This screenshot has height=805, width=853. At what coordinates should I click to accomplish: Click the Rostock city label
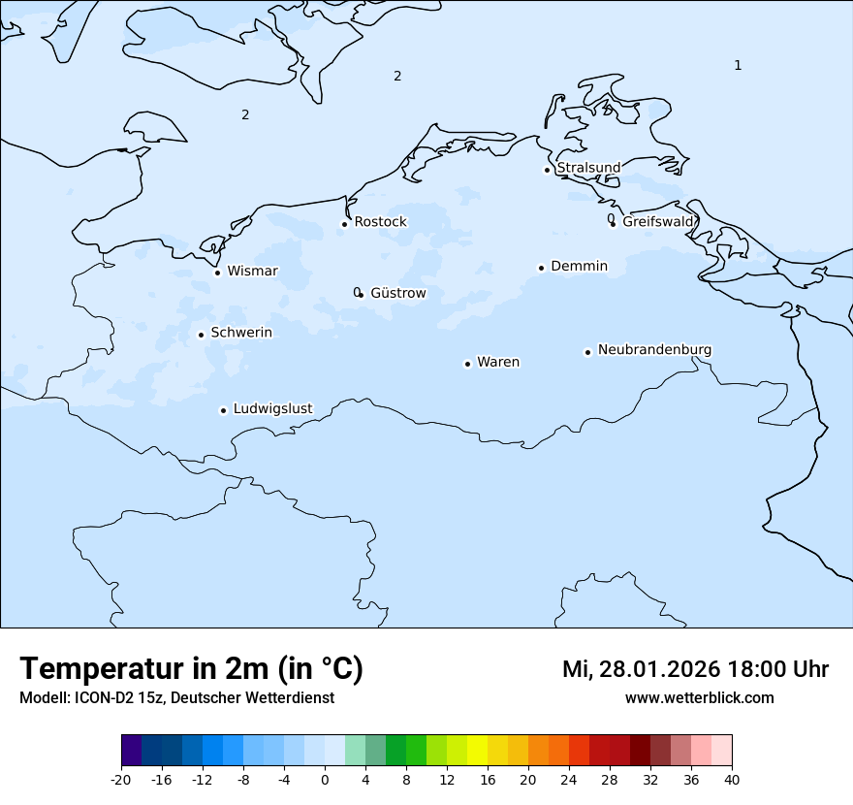tap(380, 222)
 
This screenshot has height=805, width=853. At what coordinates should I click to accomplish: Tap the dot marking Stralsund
tap(547, 170)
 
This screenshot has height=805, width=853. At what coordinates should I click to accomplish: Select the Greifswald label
tap(658, 222)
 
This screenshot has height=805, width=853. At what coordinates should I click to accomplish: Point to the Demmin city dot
tap(541, 268)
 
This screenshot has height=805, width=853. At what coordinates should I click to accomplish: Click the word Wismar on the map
tap(252, 272)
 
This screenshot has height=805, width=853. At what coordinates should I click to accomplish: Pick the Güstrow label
tap(397, 293)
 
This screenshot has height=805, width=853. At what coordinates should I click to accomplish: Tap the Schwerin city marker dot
tap(201, 335)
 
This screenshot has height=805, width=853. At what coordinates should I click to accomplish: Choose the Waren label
tap(498, 363)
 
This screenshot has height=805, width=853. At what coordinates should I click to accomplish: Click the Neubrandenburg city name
tap(654, 350)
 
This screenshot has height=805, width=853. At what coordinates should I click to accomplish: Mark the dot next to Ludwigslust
tap(223, 410)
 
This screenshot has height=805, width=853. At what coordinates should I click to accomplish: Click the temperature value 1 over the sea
tap(738, 65)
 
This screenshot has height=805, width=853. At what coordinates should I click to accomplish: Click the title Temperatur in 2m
tap(191, 668)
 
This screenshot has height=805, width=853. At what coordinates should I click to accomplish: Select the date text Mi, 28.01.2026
tap(641, 669)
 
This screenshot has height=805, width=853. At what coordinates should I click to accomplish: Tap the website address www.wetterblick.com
tap(699, 697)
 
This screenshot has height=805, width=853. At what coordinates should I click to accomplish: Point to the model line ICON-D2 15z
tap(176, 697)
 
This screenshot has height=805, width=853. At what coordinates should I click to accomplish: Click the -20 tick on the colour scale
tap(121, 779)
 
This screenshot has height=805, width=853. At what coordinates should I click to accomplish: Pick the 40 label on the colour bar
tap(732, 779)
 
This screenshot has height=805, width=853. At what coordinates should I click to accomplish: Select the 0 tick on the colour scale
tap(325, 779)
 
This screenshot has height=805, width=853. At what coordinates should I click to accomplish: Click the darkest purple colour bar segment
tap(131, 751)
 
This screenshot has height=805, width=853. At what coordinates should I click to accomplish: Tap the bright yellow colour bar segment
tap(477, 751)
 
